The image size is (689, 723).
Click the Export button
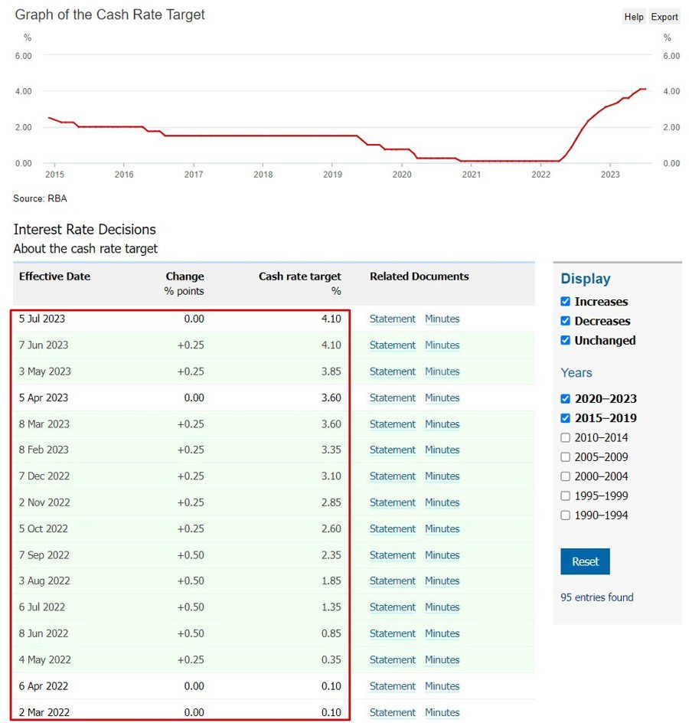(665, 17)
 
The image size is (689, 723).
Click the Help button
(634, 17)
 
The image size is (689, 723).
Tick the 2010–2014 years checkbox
(566, 438)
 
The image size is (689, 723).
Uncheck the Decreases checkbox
(566, 321)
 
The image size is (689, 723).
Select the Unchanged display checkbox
(566, 340)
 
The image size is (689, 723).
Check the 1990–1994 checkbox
(566, 515)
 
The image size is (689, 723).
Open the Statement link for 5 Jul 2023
(392, 319)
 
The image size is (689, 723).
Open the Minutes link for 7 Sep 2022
(442, 555)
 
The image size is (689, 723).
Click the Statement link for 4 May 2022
(392, 660)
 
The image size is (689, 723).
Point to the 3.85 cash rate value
(331, 371)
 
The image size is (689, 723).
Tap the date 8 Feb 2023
(44, 450)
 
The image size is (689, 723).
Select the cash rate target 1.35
(331, 607)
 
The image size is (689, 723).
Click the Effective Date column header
(54, 276)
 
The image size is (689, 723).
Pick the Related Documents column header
(419, 276)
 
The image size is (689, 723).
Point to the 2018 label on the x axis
(263, 175)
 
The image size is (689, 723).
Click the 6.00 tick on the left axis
(23, 56)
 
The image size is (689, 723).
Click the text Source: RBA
(40, 199)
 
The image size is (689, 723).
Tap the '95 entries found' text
(597, 597)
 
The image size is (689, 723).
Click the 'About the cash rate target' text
(86, 249)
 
